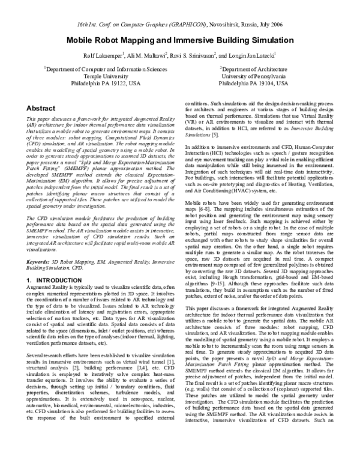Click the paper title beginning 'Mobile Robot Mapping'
[179, 39]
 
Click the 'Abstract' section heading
[41, 108]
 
